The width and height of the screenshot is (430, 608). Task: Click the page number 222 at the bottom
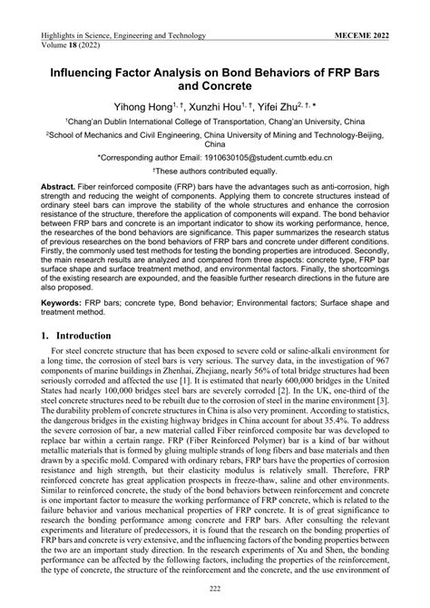click(x=215, y=591)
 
